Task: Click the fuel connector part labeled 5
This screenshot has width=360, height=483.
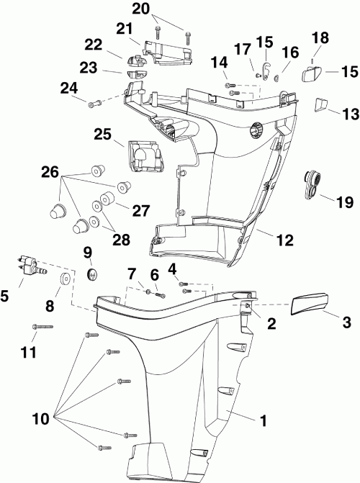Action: pyautogui.click(x=30, y=265)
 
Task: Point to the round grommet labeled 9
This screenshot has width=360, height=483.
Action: pyautogui.click(x=91, y=274)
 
